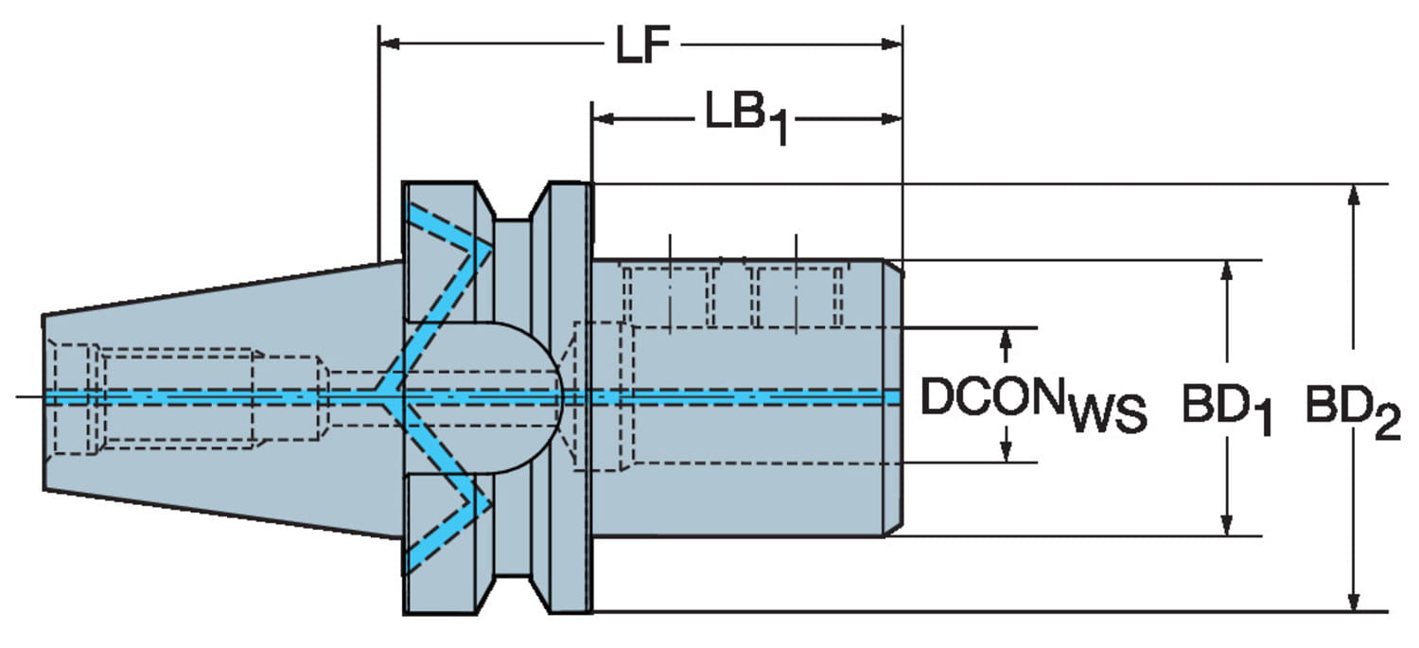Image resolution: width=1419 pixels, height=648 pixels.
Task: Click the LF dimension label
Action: click(x=643, y=45)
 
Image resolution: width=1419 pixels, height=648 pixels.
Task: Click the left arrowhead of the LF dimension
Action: click(x=388, y=44)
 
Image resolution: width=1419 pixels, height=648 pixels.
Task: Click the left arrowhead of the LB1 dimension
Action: click(x=602, y=119)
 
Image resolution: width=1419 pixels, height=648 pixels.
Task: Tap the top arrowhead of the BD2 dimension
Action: click(x=1354, y=193)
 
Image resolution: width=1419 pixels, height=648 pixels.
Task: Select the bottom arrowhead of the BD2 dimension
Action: click(x=1354, y=602)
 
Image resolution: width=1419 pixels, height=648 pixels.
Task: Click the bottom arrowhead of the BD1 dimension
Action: click(x=1226, y=526)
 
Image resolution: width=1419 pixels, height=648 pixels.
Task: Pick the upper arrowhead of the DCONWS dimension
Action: click(x=1007, y=338)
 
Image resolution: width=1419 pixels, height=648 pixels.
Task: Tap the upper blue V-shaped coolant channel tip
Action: click(x=486, y=249)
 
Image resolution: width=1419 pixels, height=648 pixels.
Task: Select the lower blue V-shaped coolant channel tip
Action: click(x=486, y=502)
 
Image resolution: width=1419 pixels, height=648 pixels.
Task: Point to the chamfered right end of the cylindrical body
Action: click(x=894, y=397)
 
